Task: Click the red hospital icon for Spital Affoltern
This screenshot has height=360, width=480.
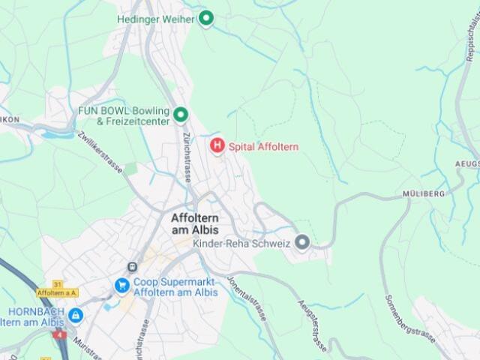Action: pos(217,145)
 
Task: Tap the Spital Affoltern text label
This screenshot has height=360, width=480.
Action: pos(262,147)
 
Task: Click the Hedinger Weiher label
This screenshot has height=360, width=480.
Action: pos(154,19)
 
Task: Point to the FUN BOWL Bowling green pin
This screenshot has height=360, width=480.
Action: pos(181,115)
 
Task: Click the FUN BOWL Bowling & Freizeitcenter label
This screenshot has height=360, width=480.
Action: pos(124,115)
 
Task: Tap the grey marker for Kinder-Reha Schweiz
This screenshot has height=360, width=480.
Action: pos(302,242)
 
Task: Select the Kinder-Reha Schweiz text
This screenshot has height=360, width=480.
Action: pos(241,244)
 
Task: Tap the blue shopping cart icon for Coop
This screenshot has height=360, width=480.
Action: pos(121,286)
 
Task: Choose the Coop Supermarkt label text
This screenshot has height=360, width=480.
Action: pos(175,286)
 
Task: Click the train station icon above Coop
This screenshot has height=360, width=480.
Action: pos(133,266)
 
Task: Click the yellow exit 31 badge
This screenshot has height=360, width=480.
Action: pos(57,283)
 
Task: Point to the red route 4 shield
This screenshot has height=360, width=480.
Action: pos(60,334)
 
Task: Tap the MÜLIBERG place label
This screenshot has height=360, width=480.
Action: pos(424,193)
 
